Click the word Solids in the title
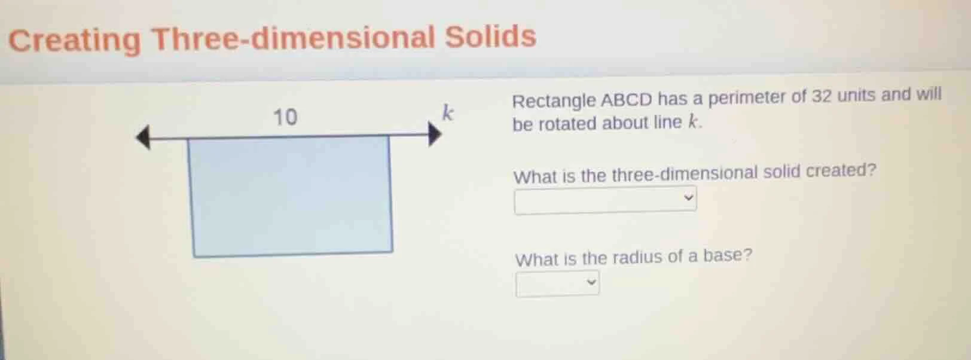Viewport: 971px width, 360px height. (x=490, y=36)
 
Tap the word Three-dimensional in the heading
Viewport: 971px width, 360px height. (x=293, y=38)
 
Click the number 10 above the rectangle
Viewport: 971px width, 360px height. (x=285, y=117)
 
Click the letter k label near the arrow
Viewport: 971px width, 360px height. (x=448, y=112)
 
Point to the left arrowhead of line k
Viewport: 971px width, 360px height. (x=143, y=138)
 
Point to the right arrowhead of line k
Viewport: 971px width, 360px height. (x=435, y=134)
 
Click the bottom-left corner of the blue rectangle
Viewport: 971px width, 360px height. (x=194, y=256)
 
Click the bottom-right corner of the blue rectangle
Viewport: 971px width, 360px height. (x=392, y=251)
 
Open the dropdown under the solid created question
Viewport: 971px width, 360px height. (x=604, y=200)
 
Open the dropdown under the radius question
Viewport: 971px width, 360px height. (x=557, y=283)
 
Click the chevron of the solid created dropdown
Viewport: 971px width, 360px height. (x=688, y=197)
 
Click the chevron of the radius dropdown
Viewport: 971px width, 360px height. (x=591, y=282)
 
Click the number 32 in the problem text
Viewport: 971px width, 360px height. (x=821, y=96)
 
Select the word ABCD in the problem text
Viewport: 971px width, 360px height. (x=626, y=99)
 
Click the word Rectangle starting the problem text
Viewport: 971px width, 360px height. (x=554, y=101)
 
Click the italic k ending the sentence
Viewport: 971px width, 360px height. (x=692, y=122)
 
